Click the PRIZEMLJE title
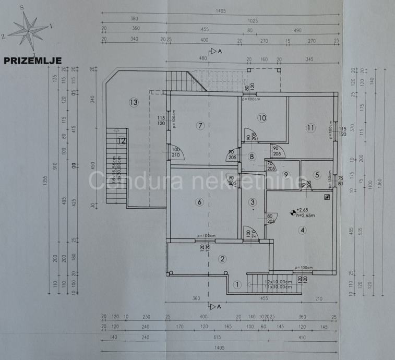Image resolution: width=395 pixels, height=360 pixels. click(x=32, y=61)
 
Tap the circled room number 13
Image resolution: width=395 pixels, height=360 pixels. click(x=134, y=102)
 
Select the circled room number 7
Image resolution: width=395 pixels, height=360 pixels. click(x=199, y=125)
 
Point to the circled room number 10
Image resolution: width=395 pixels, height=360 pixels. click(x=262, y=118)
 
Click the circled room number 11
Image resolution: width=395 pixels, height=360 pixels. click(x=312, y=127)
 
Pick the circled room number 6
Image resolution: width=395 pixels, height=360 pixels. click(x=199, y=202)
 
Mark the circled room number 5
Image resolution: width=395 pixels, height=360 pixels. click(x=317, y=175)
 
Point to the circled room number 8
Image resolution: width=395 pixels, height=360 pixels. click(x=252, y=156)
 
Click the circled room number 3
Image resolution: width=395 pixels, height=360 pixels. click(x=253, y=202)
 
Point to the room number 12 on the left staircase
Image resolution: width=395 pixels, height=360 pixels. click(x=122, y=140)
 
